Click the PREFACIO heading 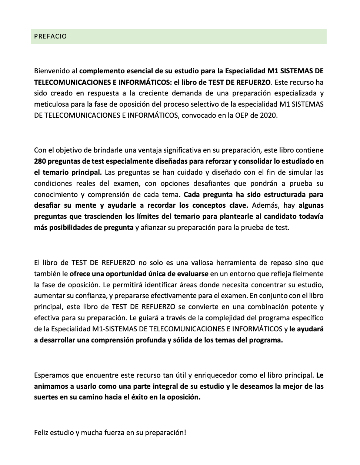(x=50, y=36)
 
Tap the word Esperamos (x=51, y=375)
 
